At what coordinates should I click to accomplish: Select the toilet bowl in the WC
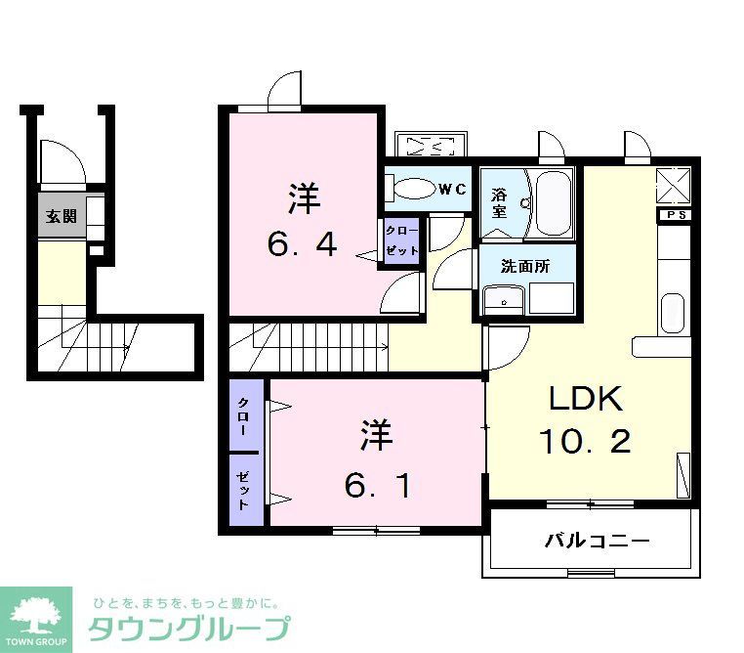[411, 188]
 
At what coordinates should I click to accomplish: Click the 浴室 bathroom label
[498, 202]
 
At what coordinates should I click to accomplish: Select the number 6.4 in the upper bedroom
[304, 242]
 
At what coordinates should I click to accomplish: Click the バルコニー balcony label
[598, 541]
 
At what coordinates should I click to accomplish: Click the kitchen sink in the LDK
[673, 313]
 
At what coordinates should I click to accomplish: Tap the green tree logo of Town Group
[36, 613]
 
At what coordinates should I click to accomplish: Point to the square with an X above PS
[674, 184]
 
